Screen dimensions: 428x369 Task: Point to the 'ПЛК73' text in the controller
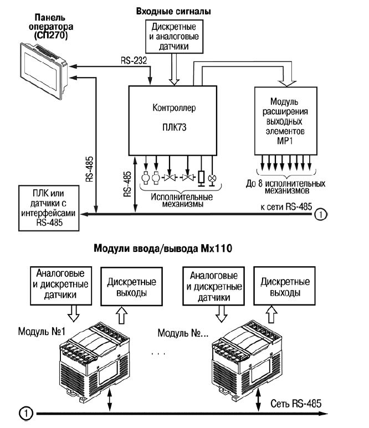(175, 127)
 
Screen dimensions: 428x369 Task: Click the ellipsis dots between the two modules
(158, 352)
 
